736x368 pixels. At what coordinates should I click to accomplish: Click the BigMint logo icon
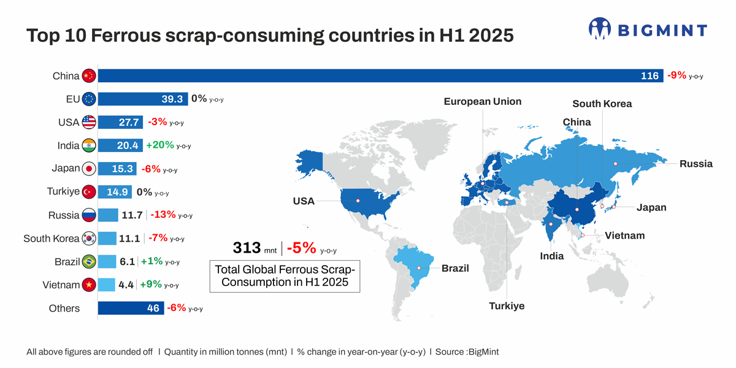[x=600, y=29]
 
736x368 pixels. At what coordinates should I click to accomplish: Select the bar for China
[x=380, y=76]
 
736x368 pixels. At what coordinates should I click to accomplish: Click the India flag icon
[x=89, y=145]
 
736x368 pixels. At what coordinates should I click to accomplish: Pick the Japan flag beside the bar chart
[x=89, y=169]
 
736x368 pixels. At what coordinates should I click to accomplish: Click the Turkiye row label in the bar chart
[x=63, y=192]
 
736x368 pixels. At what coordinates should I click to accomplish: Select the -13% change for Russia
[x=163, y=215]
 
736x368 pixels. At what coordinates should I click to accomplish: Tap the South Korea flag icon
[x=89, y=239]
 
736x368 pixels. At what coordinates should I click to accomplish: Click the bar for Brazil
[x=107, y=262]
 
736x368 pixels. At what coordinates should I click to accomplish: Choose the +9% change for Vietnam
[x=152, y=285]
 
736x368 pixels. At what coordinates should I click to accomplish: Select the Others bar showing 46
[x=131, y=309]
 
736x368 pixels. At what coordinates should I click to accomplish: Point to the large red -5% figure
[x=301, y=248]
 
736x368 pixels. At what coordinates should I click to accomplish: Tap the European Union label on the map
[x=483, y=102]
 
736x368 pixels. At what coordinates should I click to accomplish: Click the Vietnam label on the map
[x=624, y=236]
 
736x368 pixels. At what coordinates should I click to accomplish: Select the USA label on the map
[x=304, y=201]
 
